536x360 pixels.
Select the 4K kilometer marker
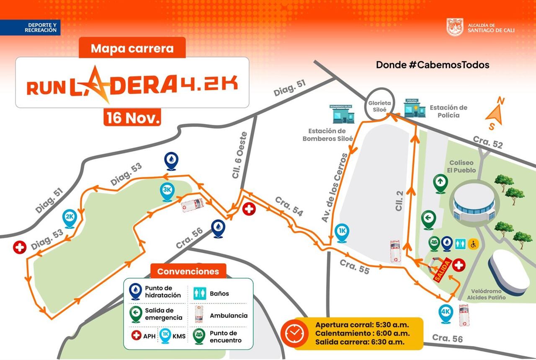coord(445,313)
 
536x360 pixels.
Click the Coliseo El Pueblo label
coord(461,166)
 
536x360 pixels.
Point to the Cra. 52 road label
coord(488,142)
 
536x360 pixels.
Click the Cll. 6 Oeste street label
coord(240,155)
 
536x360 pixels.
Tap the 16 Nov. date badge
coord(132,118)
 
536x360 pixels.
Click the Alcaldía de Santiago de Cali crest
coord(455,27)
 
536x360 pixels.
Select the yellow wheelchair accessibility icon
coord(474,243)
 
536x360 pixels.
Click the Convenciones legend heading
coord(188,271)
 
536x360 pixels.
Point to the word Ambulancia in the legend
coord(229,316)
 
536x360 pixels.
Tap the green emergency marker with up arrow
coord(440,183)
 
